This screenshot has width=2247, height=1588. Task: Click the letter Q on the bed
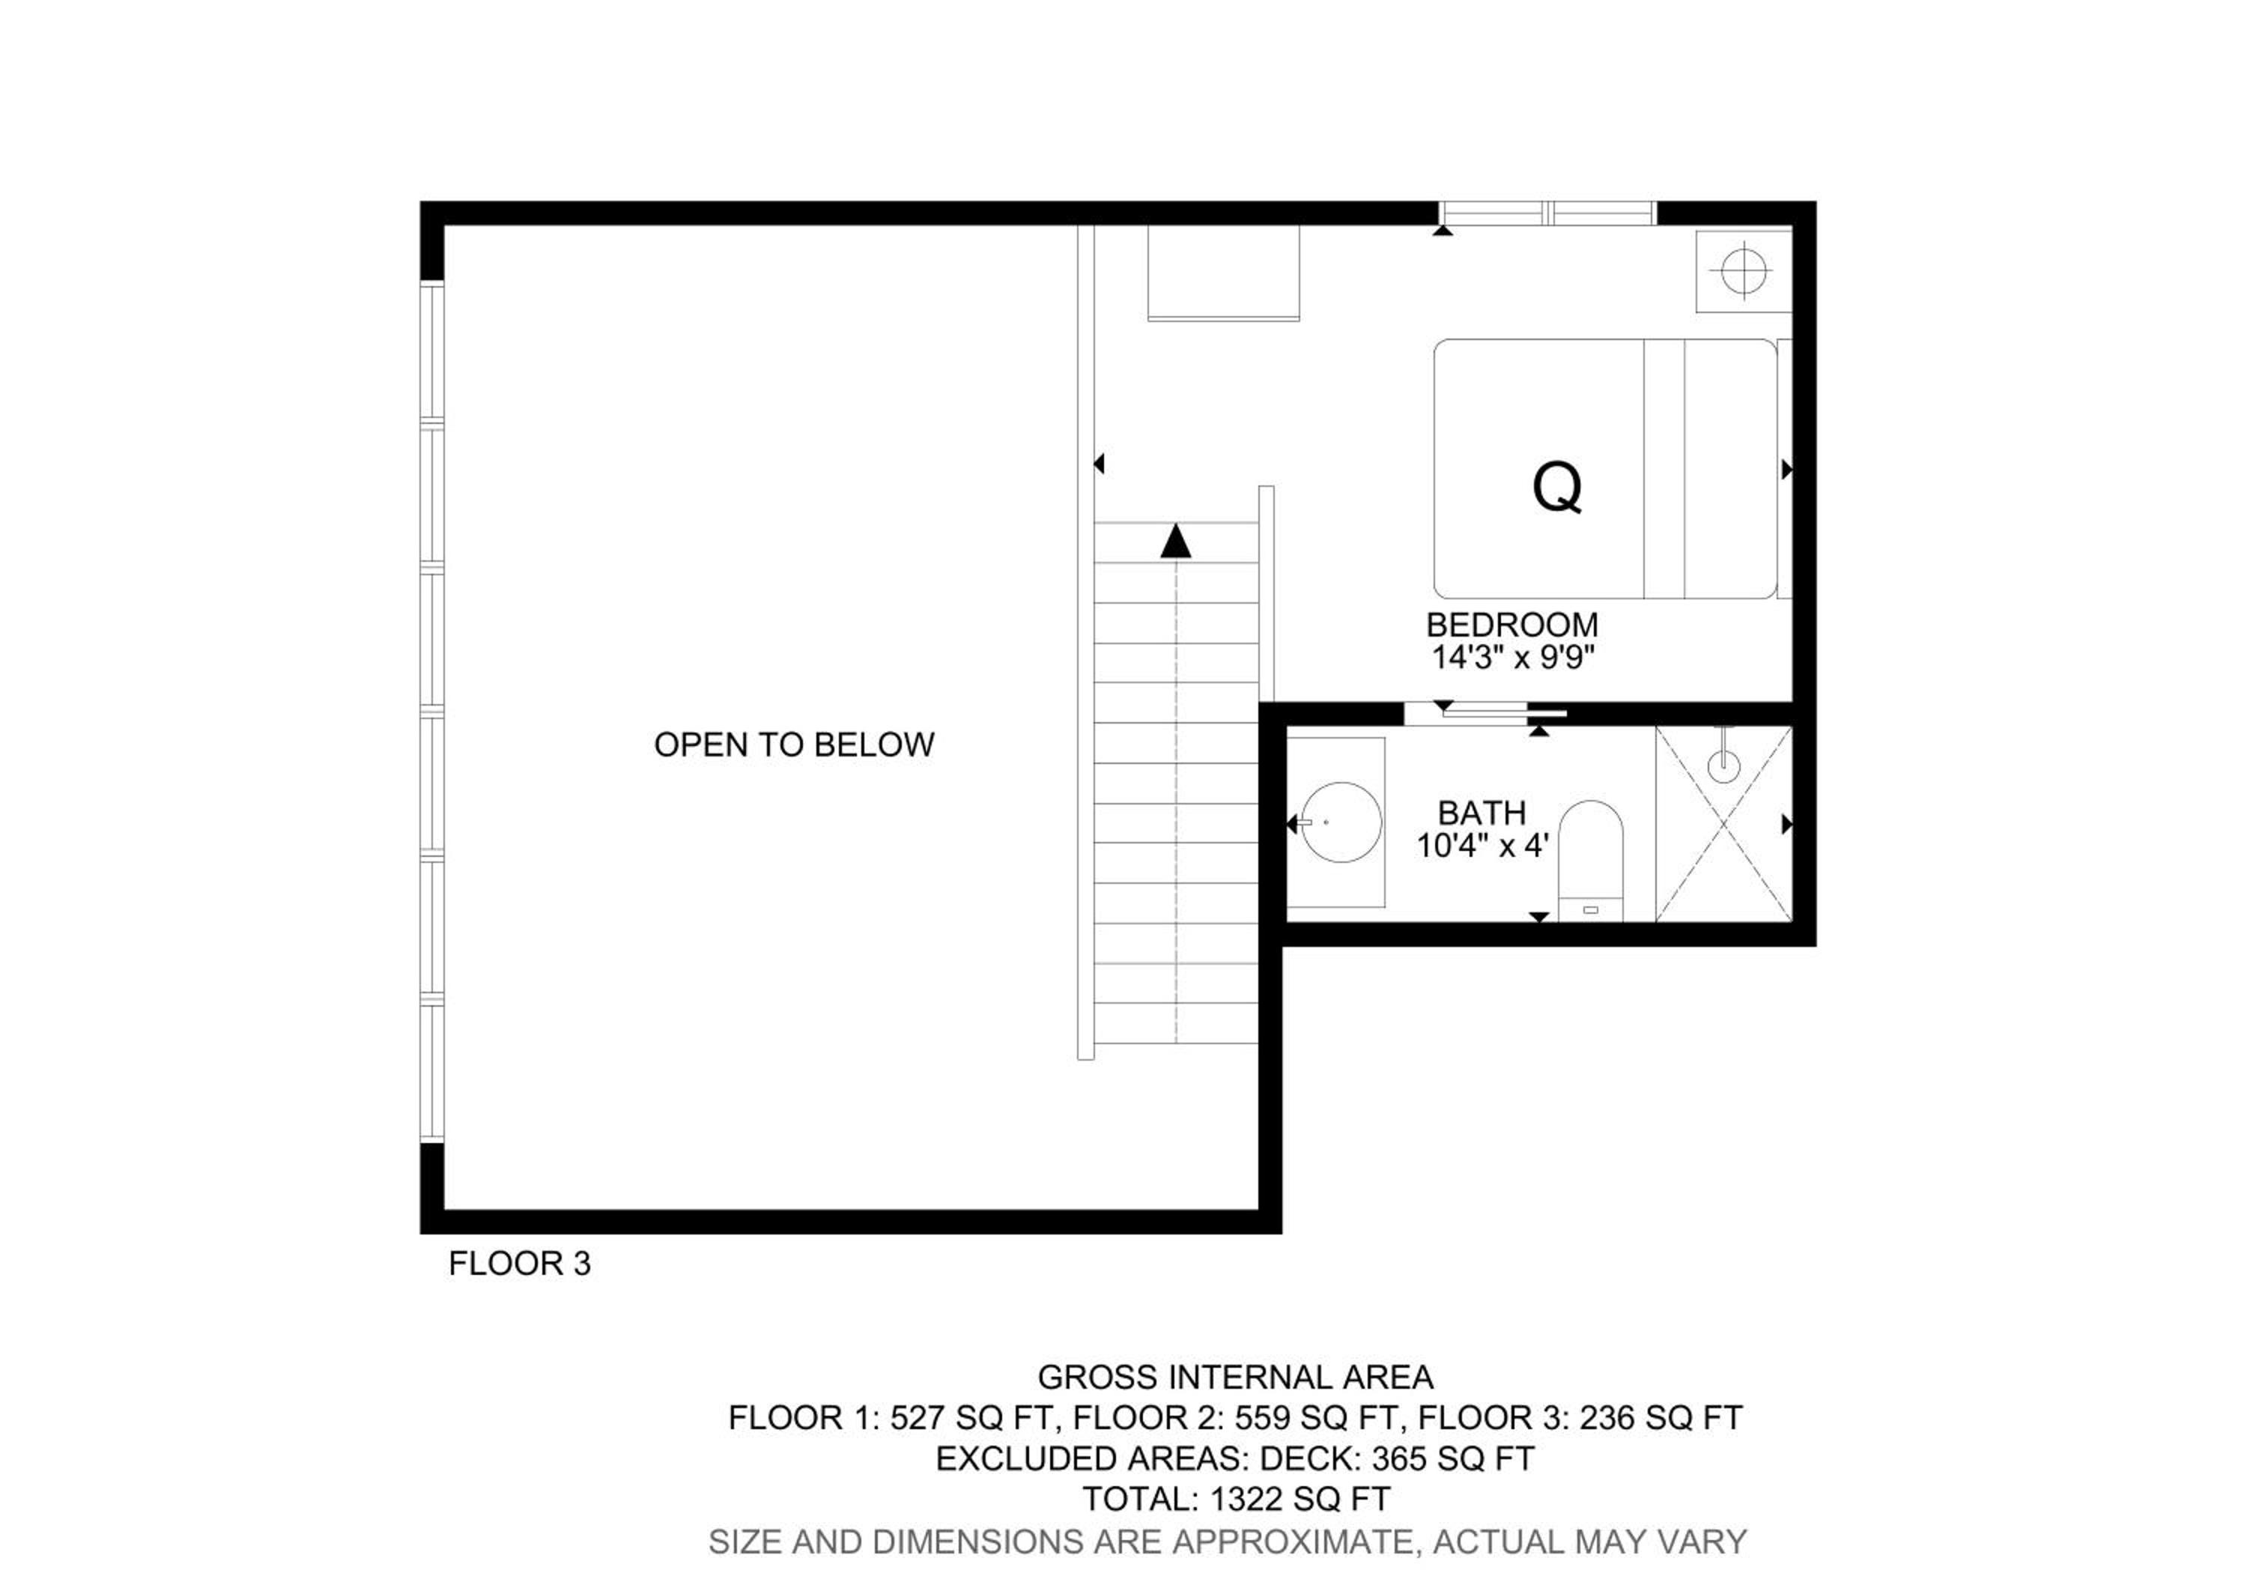[1557, 487]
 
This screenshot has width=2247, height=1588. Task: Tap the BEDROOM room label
[1512, 624]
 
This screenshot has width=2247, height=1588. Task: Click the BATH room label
[1482, 812]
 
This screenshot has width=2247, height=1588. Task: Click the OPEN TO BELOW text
[794, 745]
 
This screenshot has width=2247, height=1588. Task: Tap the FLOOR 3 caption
[520, 1263]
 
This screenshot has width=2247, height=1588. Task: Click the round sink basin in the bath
[1341, 822]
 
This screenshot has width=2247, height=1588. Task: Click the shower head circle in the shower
[1724, 765]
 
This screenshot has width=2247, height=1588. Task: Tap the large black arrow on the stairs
[1175, 541]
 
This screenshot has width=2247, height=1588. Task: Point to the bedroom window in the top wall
[1547, 213]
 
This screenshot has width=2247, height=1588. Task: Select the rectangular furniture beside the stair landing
[1223, 273]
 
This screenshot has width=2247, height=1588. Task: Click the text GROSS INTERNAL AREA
[1235, 1378]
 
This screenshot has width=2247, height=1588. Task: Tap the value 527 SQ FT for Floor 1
[971, 1418]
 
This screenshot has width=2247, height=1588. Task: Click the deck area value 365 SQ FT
[1452, 1459]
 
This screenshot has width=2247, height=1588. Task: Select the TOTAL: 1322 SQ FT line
[1236, 1499]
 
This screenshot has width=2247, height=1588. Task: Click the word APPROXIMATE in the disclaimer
[1293, 1542]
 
